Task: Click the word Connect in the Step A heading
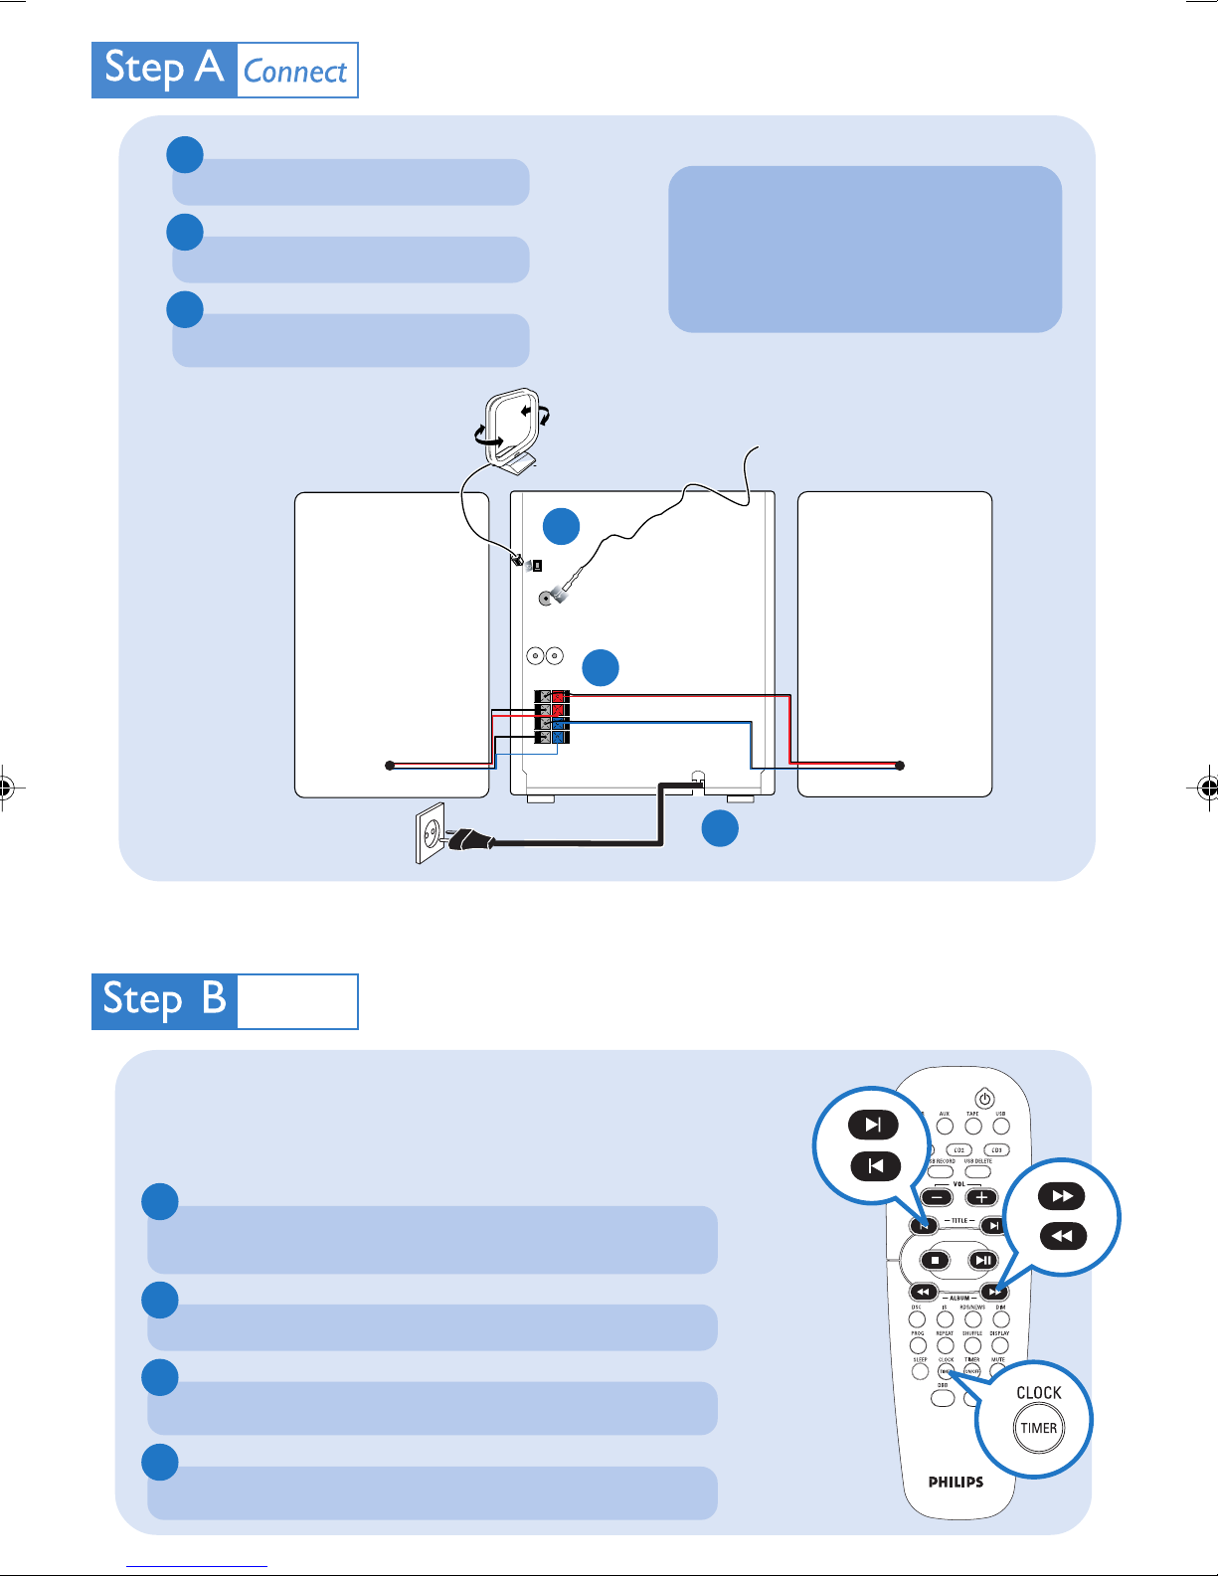coord(295,72)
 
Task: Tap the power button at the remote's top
coord(984,1099)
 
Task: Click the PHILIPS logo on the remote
coord(956,1482)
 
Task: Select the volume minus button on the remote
coord(937,1197)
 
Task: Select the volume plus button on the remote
coord(981,1197)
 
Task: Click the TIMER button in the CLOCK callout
coord(1038,1429)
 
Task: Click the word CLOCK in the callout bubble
coord(1038,1393)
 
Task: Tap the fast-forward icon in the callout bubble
coord(1062,1196)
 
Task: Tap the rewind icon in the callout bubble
coord(1062,1236)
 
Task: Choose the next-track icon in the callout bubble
coord(873,1125)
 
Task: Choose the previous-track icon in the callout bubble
coord(875,1165)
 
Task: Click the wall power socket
coord(431,833)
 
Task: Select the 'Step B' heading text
coord(165,1000)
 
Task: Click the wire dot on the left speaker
coord(390,766)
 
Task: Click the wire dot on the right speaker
coord(900,766)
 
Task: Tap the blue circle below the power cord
coord(720,828)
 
